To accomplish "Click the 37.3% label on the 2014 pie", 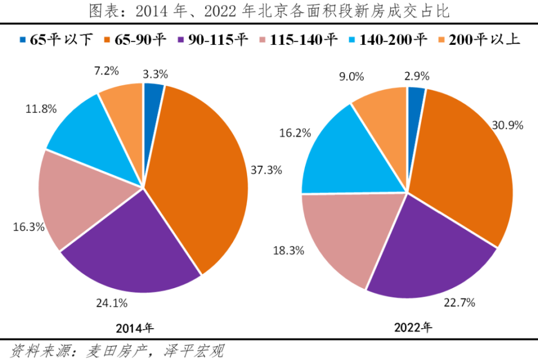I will pos(266,170).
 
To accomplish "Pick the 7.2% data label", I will pos(107,71).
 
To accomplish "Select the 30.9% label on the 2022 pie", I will pos(508,126).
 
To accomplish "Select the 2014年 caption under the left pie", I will pos(134,328).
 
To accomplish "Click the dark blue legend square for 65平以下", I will pos(22,40).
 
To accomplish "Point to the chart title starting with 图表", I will pos(269,10).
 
